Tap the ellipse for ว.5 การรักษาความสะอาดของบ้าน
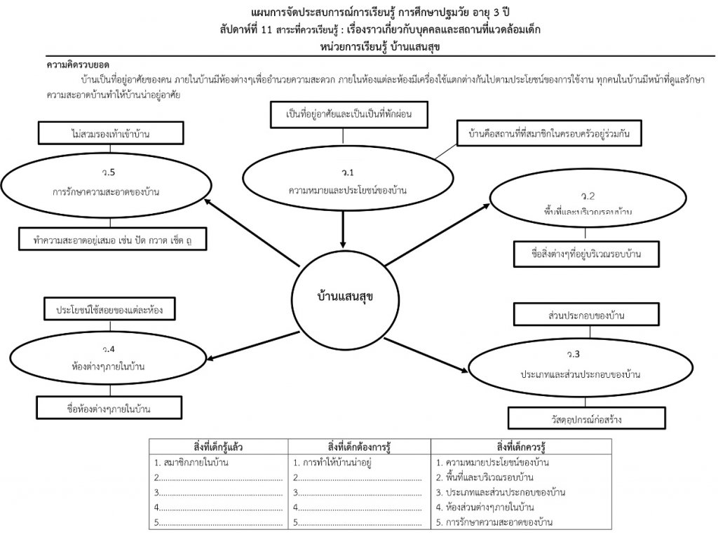point(107,185)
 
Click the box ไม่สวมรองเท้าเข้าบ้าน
point(107,132)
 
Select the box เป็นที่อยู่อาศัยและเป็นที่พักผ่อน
point(348,115)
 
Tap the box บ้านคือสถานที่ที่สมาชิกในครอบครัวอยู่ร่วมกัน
point(549,133)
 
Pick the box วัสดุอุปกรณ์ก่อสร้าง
point(578,419)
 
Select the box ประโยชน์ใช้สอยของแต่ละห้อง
point(107,308)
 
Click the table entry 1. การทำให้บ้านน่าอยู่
point(332,463)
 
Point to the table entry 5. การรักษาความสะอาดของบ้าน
point(495,522)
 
